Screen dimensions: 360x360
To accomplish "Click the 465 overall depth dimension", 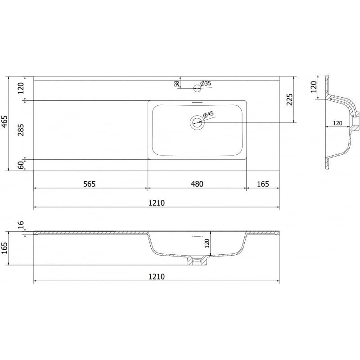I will [x=4, y=123].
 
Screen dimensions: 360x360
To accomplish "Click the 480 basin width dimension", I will [x=197, y=184].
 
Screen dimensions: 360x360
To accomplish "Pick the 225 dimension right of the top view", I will [x=289, y=99].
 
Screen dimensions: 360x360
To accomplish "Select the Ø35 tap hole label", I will [x=206, y=83].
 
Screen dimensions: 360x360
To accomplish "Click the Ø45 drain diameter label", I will [x=209, y=115].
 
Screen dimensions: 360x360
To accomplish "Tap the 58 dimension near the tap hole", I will [x=177, y=83].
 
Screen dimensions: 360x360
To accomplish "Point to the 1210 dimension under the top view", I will [x=156, y=202].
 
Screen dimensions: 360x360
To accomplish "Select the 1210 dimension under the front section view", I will [x=156, y=276].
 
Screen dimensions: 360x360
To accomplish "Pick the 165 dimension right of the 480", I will [x=262, y=184].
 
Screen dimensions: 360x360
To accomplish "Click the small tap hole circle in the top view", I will [x=197, y=87].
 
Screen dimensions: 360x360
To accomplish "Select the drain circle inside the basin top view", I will [x=197, y=121].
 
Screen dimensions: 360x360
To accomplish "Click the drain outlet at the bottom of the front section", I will [x=196, y=260].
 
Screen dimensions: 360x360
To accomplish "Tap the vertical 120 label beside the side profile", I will [x=314, y=87].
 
